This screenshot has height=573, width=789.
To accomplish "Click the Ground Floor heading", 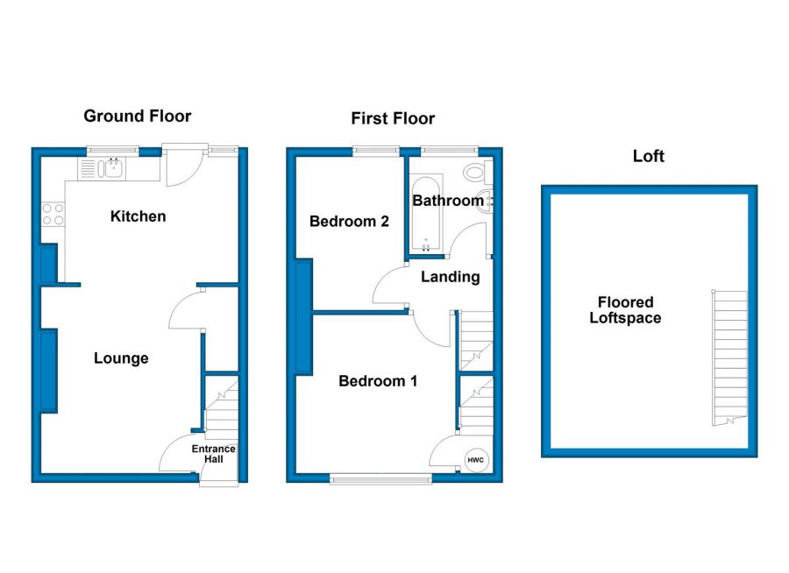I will (137, 117).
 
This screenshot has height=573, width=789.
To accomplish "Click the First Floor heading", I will (393, 119).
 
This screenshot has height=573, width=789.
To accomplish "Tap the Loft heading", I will (649, 157).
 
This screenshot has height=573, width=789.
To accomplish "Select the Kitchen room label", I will (138, 216).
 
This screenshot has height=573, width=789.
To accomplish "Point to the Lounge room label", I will (121, 358).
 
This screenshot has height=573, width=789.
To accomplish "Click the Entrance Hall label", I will (214, 454).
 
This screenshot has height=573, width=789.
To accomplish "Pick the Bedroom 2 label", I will (349, 222).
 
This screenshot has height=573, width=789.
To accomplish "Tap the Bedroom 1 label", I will (378, 381).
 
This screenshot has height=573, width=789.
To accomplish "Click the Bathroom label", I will (447, 201).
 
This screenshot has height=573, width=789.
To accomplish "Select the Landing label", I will (451, 277).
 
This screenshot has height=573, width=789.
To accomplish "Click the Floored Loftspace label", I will (625, 310).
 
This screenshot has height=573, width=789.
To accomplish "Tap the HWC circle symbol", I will (475, 460).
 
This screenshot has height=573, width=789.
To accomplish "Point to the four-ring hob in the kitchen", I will (53, 215).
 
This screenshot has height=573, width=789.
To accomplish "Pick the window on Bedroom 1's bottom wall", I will (380, 478).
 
